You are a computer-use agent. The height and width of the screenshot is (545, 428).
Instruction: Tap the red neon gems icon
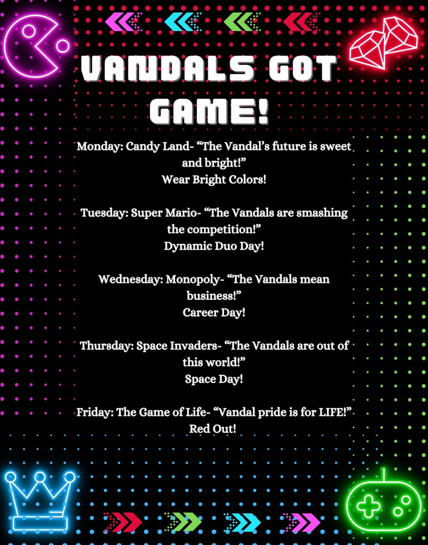pos(384,42)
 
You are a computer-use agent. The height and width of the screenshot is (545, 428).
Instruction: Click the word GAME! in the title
pos(210,108)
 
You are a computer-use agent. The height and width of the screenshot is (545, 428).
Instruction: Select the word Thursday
pos(107,346)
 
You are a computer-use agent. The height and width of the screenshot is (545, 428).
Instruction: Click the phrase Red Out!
pos(212,429)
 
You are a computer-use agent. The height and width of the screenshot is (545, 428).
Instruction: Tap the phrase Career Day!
pos(214,312)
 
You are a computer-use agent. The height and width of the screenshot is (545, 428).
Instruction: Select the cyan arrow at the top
pos(182,22)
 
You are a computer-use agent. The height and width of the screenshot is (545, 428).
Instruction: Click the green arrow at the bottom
pos(184,521)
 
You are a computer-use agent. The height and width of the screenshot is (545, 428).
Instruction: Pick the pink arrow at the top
pos(123,22)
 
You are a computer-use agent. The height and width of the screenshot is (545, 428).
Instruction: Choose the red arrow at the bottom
pos(123,521)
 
